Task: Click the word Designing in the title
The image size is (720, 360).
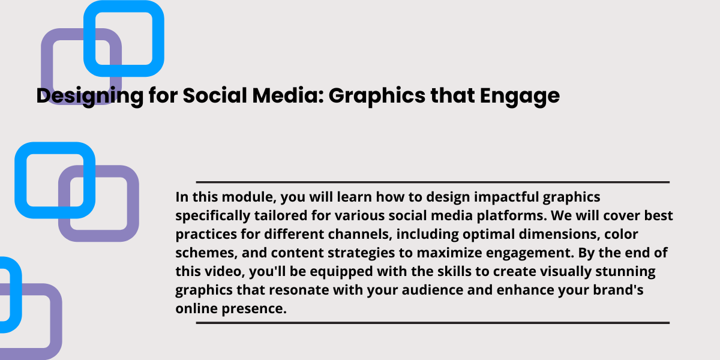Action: pos(90,96)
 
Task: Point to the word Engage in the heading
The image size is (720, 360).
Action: pos(520,96)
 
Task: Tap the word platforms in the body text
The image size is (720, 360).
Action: pos(512,216)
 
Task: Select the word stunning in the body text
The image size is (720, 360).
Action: pos(625,272)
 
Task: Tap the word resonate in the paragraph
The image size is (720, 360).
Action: pos(299,290)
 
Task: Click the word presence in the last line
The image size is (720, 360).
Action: pos(254,309)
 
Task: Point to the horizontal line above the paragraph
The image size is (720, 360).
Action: pos(433,182)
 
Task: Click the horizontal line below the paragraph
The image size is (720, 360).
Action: pos(433,323)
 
